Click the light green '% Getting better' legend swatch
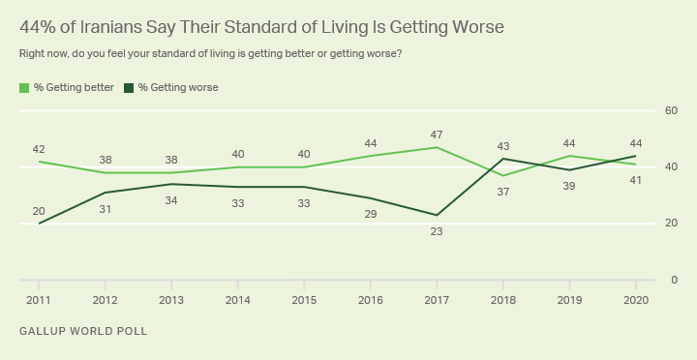(x=24, y=88)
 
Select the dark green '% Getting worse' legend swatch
(x=129, y=88)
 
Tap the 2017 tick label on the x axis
(x=437, y=300)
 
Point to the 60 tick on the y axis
(x=671, y=110)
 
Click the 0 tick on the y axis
(x=675, y=280)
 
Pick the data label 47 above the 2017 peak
(x=437, y=135)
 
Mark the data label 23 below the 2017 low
(x=437, y=231)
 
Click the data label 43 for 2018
(x=503, y=146)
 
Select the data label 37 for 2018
(x=503, y=193)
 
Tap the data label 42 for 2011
(x=39, y=150)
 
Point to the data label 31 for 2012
(x=105, y=209)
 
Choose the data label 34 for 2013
(x=171, y=201)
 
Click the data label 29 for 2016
(x=370, y=214)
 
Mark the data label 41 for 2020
(x=636, y=181)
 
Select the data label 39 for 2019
(x=569, y=186)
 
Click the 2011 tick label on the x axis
(x=39, y=300)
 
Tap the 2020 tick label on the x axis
(x=636, y=300)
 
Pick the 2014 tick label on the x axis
(x=238, y=300)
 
